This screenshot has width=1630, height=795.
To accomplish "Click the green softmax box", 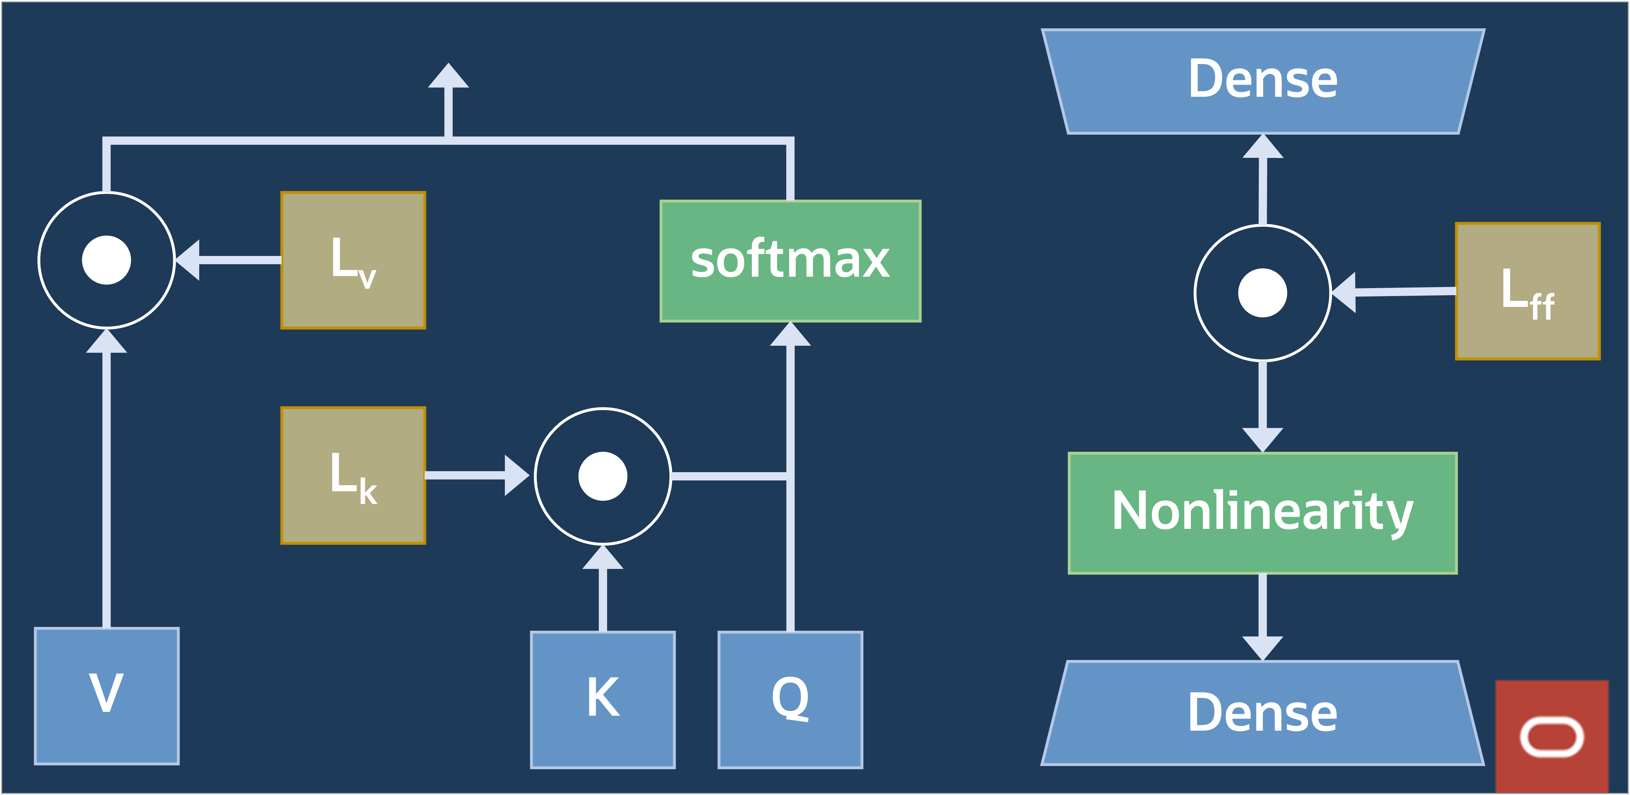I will (x=790, y=260).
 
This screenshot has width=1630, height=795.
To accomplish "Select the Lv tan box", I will (x=353, y=260).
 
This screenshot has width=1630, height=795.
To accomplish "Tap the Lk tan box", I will (x=353, y=475).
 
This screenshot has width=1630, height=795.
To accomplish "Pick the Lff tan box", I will (x=1527, y=291).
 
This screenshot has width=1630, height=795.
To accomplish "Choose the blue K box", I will (x=602, y=699).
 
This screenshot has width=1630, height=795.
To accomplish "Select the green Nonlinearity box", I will (x=1262, y=513).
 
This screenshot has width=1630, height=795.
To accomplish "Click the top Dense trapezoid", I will (x=1262, y=81).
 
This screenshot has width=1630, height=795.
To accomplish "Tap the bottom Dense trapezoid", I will (x=1262, y=713).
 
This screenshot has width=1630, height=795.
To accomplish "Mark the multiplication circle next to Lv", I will (x=106, y=260).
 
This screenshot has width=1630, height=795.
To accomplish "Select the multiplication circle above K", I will (x=602, y=476).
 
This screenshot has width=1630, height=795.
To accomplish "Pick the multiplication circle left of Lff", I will (x=1262, y=293).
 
